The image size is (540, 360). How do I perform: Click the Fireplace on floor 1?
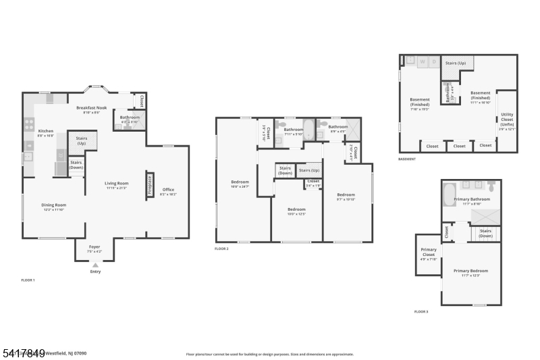tap(149, 184)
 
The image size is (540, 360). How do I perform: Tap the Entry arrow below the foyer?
tap(95, 264)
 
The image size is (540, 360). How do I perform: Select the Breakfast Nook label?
tap(91, 109)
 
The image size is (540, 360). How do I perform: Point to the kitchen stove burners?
tap(29, 124)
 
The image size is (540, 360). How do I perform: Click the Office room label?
tap(168, 192)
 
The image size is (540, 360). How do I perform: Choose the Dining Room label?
tap(55, 207)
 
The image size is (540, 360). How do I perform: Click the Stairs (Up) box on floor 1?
tap(82, 140)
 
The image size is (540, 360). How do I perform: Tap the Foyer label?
tap(94, 249)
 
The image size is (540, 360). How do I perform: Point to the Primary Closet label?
tap(429, 253)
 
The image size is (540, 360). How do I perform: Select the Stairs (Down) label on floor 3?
tap(485, 233)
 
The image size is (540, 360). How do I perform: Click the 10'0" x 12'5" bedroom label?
tap(296, 211)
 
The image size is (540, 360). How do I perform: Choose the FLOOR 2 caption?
tap(221, 249)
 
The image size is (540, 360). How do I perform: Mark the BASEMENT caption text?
tap(407, 159)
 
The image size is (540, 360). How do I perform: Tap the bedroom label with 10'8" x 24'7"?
tap(240, 183)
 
